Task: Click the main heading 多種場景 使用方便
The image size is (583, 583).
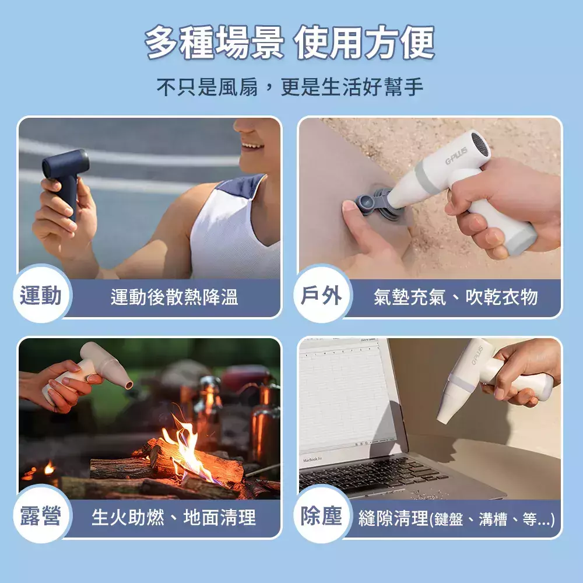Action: pyautogui.click(x=290, y=43)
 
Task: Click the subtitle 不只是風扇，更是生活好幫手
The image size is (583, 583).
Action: pyautogui.click(x=290, y=87)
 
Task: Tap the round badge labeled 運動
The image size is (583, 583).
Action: pyautogui.click(x=41, y=295)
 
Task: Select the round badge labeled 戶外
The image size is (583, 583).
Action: pyautogui.click(x=321, y=295)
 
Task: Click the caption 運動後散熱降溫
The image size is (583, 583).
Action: pyautogui.click(x=174, y=297)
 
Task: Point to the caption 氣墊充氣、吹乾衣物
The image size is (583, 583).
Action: pyautogui.click(x=456, y=297)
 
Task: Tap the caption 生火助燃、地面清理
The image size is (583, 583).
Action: pyautogui.click(x=174, y=517)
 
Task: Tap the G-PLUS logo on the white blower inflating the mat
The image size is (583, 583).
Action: pyautogui.click(x=456, y=156)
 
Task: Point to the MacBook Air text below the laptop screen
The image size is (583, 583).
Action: pyautogui.click(x=312, y=460)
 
